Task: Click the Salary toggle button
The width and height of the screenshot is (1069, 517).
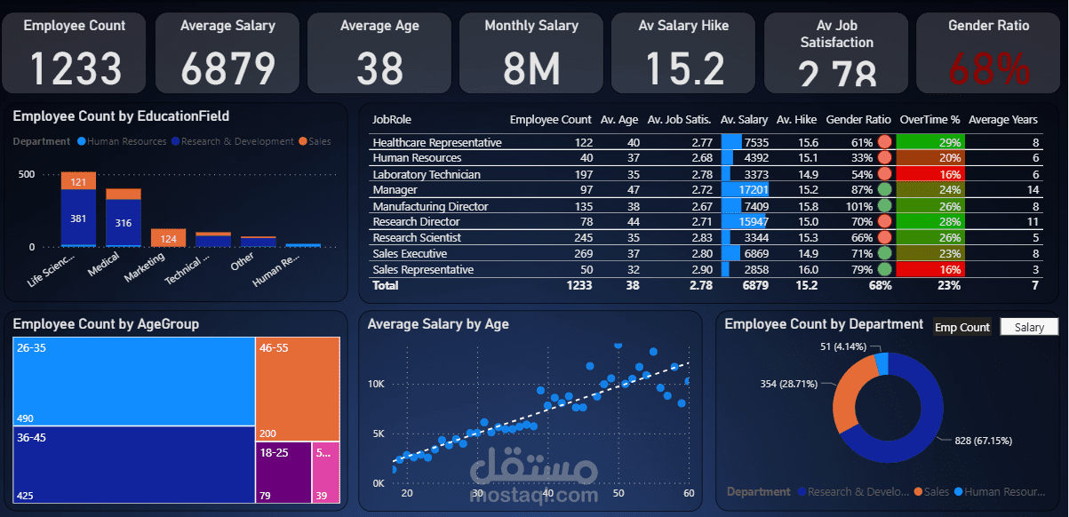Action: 1029,327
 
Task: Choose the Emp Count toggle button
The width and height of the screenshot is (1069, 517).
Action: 961,327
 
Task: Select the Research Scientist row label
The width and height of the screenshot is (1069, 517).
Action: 417,237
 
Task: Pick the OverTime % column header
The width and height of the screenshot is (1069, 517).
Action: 929,119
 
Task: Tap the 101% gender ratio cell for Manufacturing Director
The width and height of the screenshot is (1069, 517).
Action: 854,206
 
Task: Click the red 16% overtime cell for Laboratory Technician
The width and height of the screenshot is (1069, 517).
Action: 929,174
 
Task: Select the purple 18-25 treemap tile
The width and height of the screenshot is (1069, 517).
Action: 283,475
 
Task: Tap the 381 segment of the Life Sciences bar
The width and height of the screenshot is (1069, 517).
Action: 78,219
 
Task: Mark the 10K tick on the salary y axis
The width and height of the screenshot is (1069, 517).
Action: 376,384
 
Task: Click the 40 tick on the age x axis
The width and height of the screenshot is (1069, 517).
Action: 548,493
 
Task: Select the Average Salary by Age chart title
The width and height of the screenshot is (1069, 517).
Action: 438,324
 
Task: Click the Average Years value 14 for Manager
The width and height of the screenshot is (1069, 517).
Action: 1032,190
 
